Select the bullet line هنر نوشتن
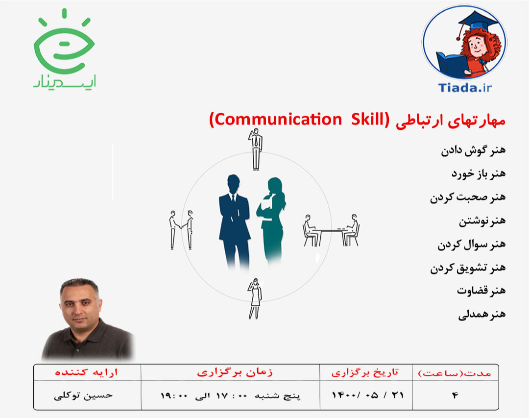coord(482,221)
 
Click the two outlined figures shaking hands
coord(181,229)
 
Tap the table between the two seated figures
coord(332,230)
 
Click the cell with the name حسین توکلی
coord(83,395)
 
